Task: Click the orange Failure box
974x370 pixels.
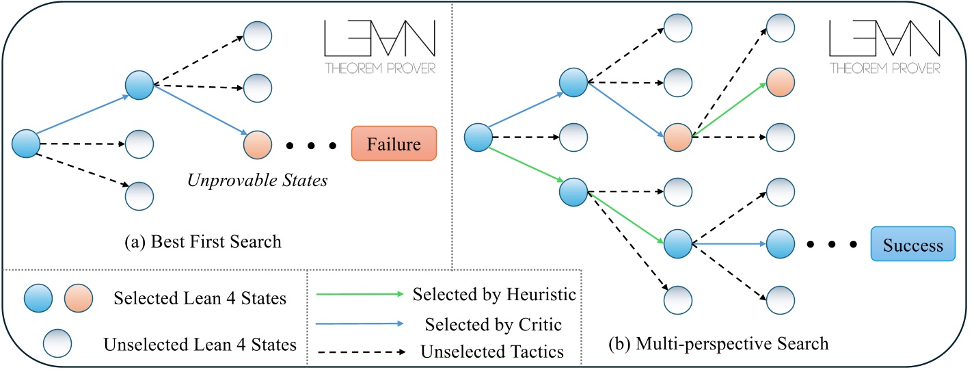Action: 394,144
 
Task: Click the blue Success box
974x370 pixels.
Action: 912,245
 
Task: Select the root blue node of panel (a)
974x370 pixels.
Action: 27,144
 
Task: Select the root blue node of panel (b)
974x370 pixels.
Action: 479,136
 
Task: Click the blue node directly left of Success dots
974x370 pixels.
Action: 780,243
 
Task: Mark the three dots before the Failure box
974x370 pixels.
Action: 310,146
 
